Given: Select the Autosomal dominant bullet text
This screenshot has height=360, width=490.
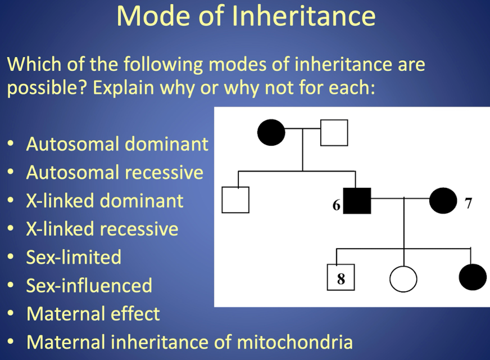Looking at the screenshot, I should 117,145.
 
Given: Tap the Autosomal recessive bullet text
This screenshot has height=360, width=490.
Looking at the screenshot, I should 115,172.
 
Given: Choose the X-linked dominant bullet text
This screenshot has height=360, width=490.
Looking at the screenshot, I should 105,201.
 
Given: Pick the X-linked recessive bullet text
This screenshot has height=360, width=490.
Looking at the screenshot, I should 102,229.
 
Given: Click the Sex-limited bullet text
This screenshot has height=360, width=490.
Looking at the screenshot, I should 74,257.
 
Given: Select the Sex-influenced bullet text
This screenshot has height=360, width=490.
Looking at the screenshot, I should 89,285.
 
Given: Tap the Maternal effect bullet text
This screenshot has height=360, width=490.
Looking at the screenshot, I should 93,313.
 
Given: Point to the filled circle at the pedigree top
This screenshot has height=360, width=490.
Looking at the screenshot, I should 271,133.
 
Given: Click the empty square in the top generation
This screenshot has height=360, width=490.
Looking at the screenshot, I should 334,133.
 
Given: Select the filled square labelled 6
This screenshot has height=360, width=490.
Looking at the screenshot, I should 357,200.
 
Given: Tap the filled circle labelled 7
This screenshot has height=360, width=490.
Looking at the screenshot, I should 443,200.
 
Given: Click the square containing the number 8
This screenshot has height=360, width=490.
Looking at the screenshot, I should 341,277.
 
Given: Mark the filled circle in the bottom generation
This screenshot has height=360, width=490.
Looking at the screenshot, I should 472,277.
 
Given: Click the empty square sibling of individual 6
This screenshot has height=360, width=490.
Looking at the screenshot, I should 235,200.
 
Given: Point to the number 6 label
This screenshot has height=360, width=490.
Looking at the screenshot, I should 336,205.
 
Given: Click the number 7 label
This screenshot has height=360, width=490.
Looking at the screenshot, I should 469,203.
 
